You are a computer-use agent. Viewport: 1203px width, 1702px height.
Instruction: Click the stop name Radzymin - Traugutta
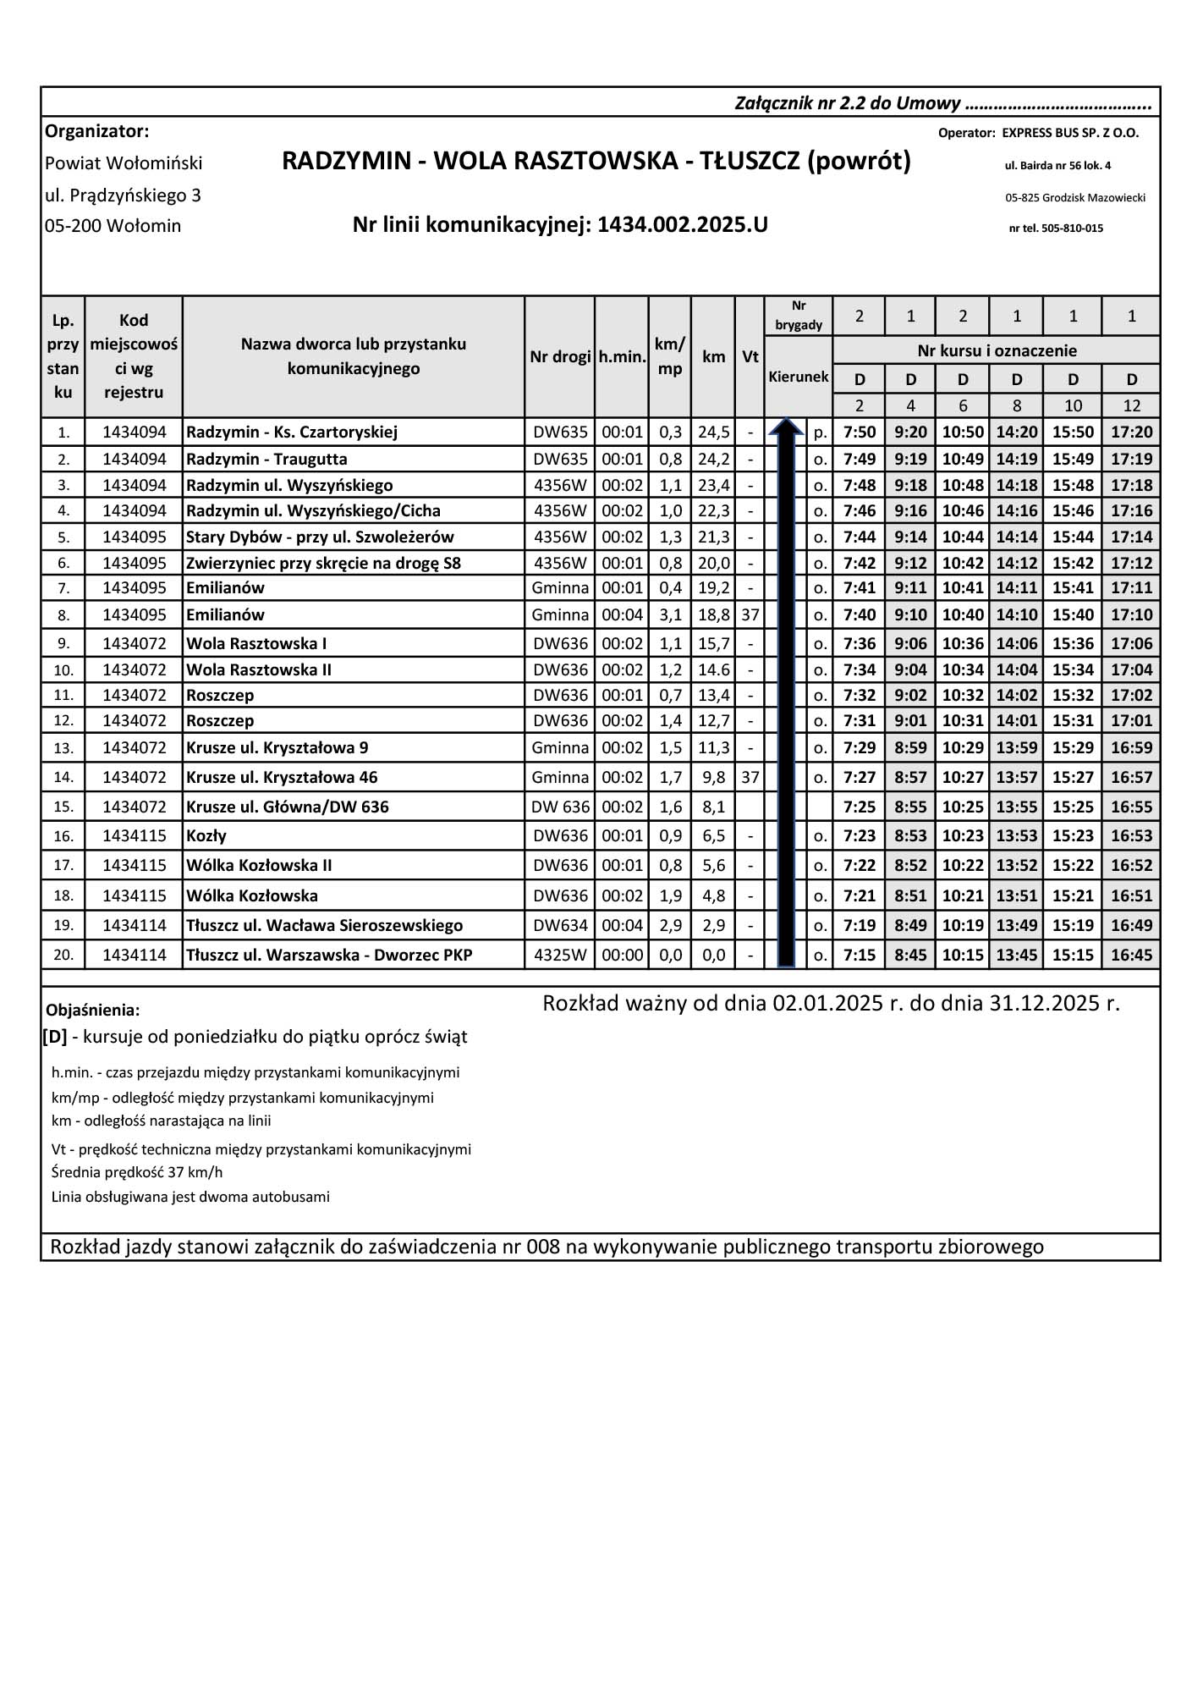coord(266,460)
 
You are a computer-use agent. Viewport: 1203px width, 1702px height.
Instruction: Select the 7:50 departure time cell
coord(860,432)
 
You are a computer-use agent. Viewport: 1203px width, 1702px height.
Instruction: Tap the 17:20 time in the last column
coord(1131,432)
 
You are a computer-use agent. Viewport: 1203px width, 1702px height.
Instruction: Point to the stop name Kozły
coord(206,836)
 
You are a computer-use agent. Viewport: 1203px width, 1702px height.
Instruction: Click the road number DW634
coord(560,925)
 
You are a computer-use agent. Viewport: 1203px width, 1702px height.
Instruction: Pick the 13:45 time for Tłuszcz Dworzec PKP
coord(1016,956)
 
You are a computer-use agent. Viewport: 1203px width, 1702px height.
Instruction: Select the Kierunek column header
coord(798,377)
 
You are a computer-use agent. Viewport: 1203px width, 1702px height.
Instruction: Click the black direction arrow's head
coord(786,427)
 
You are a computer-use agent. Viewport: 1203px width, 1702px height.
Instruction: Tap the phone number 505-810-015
coord(1067,229)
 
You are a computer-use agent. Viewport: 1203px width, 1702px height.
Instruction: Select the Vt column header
coord(750,356)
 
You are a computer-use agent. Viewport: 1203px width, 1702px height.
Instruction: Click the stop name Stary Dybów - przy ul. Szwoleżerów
coord(320,537)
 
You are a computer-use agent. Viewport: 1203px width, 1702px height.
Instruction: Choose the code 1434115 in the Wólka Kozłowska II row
coord(135,865)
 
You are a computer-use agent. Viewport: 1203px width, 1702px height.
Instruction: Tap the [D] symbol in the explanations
coord(55,1037)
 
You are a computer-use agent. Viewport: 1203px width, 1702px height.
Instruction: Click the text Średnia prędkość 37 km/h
coord(137,1173)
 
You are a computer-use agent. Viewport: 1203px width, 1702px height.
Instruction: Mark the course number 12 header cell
coord(1131,405)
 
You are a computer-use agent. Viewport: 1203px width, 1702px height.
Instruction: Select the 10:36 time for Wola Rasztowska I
coord(963,644)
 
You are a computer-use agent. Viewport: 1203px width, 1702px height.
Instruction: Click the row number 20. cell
coord(63,956)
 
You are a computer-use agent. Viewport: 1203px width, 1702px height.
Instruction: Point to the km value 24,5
coord(713,432)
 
